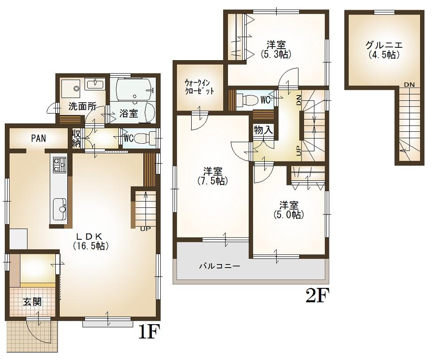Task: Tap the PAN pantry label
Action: [38, 138]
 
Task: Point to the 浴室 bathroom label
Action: [128, 113]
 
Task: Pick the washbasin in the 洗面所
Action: [95, 84]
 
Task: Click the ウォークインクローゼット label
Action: [200, 87]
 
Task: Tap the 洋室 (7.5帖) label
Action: [213, 176]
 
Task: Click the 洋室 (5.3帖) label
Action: [275, 49]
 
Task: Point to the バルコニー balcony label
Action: [219, 266]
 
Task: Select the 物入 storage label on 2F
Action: [263, 130]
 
